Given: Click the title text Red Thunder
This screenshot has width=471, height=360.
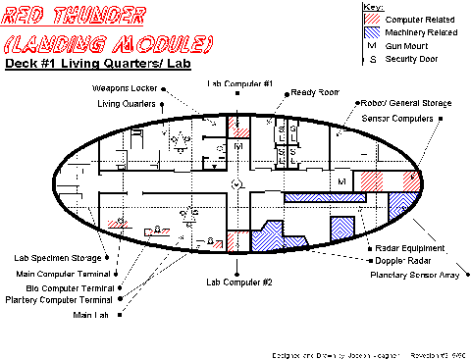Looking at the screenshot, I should (x=77, y=17).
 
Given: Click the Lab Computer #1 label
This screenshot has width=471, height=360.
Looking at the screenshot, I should (x=238, y=83).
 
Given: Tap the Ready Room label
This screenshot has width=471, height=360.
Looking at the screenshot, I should (x=314, y=92).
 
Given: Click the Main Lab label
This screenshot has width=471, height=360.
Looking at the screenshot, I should (x=91, y=315).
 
